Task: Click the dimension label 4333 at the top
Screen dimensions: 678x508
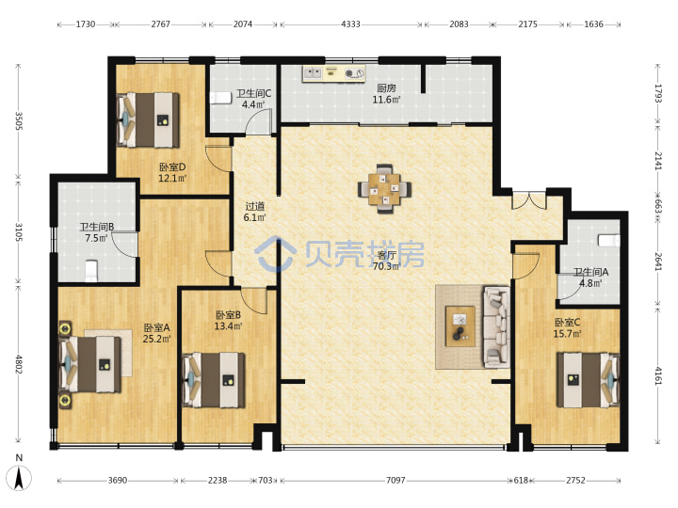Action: (x=350, y=24)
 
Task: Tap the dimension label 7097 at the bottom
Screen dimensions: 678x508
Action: (x=395, y=480)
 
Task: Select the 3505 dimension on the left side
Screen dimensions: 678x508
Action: (x=19, y=120)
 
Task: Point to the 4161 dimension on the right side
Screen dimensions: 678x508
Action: (x=657, y=375)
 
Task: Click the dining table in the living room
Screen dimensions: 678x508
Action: (x=384, y=189)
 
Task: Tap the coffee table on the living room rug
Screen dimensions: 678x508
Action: (x=460, y=326)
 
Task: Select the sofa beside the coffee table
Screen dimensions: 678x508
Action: (x=496, y=327)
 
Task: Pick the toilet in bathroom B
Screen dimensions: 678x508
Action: (x=91, y=270)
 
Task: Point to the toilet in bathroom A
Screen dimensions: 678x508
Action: (x=609, y=240)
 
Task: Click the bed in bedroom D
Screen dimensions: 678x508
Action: (x=148, y=119)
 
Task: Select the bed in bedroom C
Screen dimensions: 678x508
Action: (x=588, y=380)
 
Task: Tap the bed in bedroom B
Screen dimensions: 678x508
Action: (x=214, y=380)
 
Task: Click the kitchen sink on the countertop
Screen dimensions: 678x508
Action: (x=313, y=73)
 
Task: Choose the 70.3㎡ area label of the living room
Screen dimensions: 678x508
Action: (x=387, y=266)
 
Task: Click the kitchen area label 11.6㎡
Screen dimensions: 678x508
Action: (x=386, y=100)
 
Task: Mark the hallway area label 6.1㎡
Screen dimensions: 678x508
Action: (x=254, y=217)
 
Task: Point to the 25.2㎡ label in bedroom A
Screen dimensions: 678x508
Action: (x=156, y=339)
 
